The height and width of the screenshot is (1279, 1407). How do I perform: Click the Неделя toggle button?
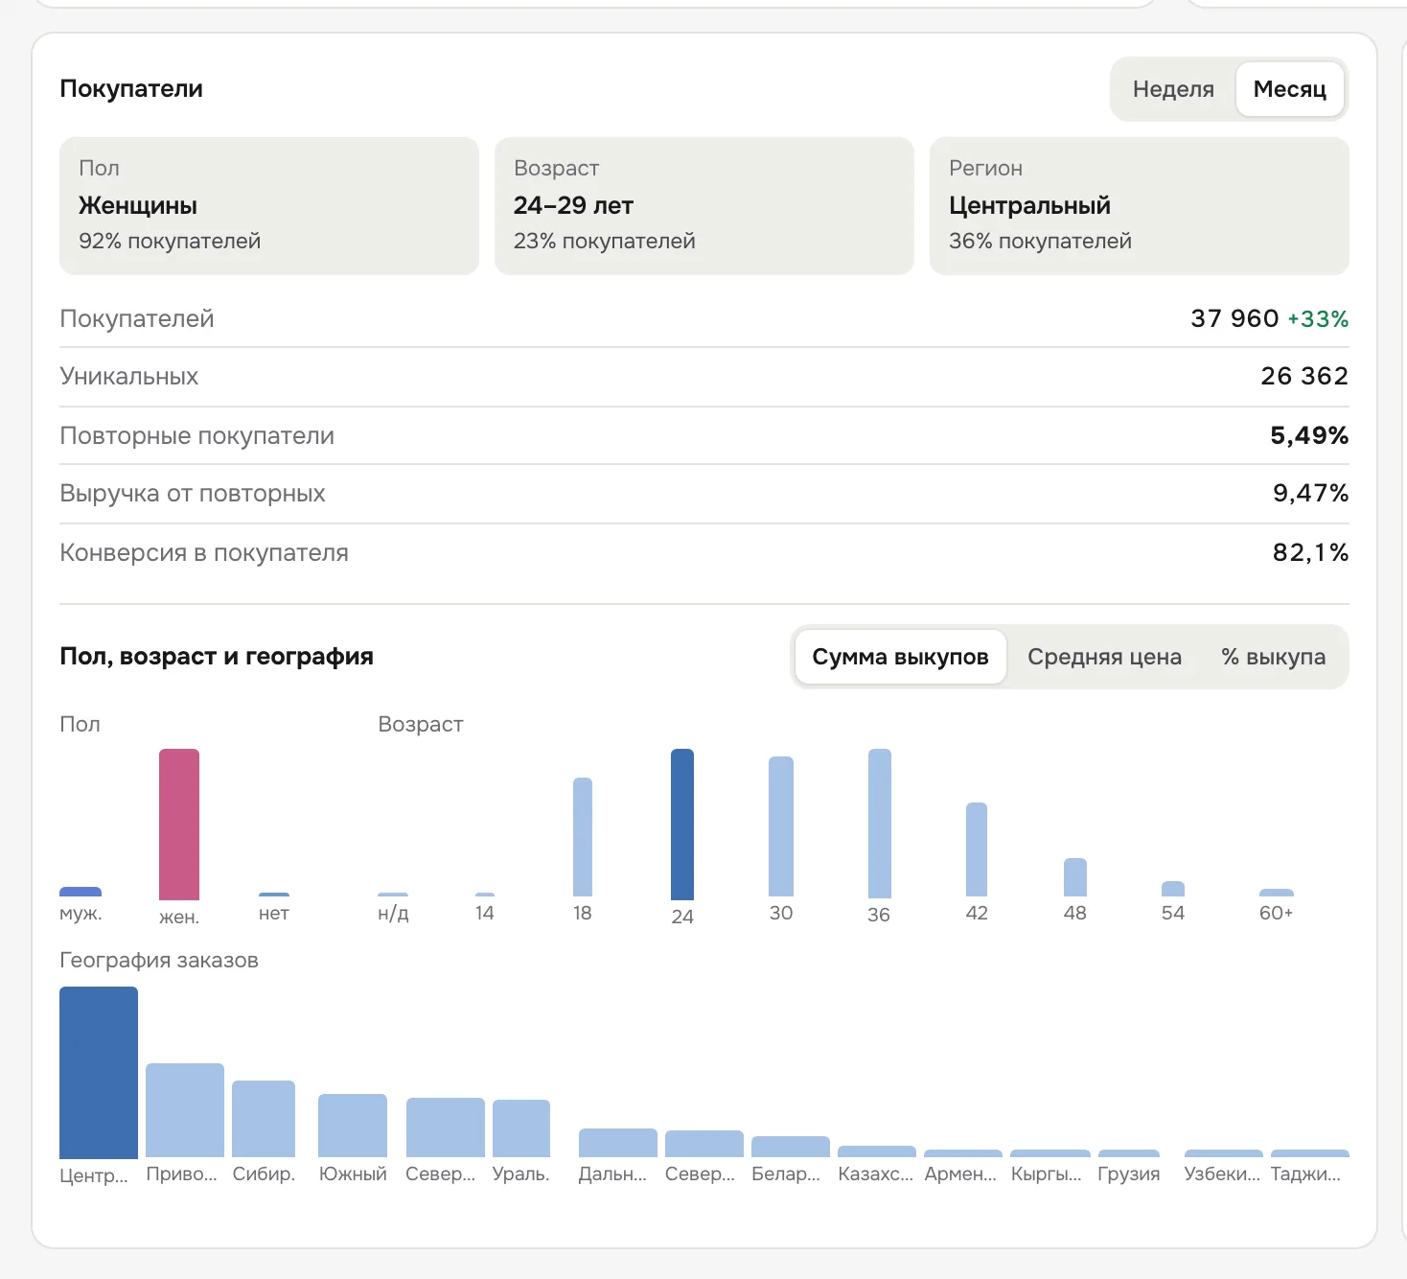pyautogui.click(x=1173, y=89)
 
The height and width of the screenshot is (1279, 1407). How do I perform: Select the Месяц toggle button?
pyautogui.click(x=1289, y=89)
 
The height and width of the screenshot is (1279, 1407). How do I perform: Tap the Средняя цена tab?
pyautogui.click(x=1104, y=657)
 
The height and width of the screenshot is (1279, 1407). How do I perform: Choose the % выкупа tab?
pyautogui.click(x=1273, y=657)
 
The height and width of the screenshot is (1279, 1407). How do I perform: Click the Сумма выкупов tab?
pyautogui.click(x=900, y=657)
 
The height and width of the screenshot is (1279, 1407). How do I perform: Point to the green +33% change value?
pyautogui.click(x=1318, y=318)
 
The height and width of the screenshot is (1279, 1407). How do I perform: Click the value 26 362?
pyautogui.click(x=1304, y=376)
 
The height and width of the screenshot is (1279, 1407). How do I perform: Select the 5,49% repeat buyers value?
pyautogui.click(x=1309, y=435)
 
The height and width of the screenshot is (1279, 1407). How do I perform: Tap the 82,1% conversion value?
pyautogui.click(x=1310, y=552)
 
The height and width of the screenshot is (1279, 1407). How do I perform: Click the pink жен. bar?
pyautogui.click(x=179, y=825)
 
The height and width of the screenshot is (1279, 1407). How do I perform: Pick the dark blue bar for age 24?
pyautogui.click(x=681, y=825)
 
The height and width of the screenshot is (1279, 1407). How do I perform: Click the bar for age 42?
pyautogui.click(x=977, y=849)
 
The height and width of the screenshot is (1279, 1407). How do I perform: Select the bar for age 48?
pyautogui.click(x=1074, y=876)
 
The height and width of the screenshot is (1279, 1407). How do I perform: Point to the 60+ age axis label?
pyautogui.click(x=1276, y=913)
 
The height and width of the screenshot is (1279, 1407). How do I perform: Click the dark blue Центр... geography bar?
pyautogui.click(x=98, y=1072)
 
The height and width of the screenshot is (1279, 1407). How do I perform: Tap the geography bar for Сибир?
pyautogui.click(x=263, y=1118)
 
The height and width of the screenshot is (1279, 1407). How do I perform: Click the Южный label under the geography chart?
pyautogui.click(x=352, y=1174)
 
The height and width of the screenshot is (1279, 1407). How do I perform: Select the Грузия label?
pyautogui.click(x=1128, y=1174)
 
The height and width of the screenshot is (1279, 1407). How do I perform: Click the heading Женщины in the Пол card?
pyautogui.click(x=137, y=206)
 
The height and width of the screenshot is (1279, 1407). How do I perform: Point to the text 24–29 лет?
pyautogui.click(x=573, y=206)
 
